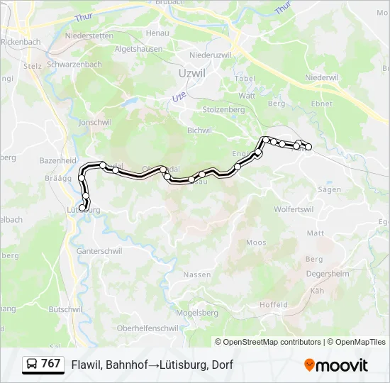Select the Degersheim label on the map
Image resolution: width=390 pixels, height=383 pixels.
328,273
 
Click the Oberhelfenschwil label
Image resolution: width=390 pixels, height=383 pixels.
147,328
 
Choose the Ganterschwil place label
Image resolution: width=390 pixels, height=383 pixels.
100,251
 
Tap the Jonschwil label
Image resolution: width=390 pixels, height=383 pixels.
96,122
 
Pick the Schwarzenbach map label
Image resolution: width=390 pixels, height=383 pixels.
74,65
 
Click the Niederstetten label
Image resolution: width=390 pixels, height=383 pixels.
89,35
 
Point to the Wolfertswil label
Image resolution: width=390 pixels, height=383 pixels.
294,209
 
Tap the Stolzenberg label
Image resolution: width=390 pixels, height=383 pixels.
224,110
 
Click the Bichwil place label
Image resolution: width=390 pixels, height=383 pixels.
199,131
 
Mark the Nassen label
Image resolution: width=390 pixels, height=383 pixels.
197,274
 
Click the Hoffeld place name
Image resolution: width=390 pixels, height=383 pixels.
274,305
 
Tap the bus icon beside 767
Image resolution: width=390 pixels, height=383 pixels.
33,365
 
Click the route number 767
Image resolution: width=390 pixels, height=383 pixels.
51,364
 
